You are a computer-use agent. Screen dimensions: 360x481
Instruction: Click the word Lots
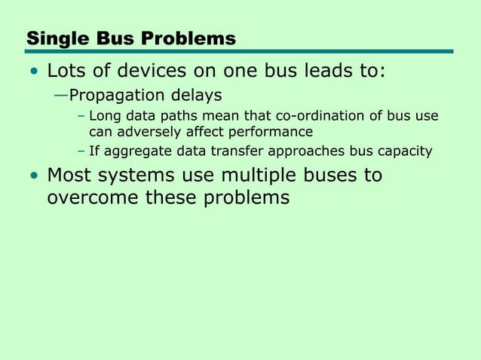(65, 72)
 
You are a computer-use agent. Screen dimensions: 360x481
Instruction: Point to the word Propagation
(117, 96)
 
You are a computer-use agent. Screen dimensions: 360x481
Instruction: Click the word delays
(195, 96)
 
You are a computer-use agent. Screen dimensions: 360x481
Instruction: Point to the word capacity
(403, 151)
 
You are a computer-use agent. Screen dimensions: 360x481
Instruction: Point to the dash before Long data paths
(81, 117)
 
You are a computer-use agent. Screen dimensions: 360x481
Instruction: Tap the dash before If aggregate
(81, 151)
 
